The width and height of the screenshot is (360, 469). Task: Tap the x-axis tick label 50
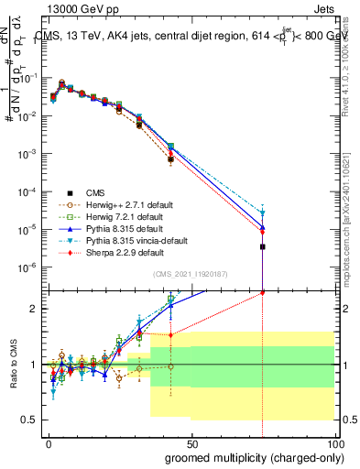[x=191, y=443]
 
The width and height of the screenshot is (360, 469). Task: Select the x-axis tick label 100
[x=336, y=443]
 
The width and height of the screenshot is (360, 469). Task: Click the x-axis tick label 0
[x=48, y=443]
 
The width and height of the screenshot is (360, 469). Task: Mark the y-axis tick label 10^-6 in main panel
[x=30, y=267]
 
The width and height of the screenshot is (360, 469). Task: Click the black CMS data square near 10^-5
[x=263, y=246]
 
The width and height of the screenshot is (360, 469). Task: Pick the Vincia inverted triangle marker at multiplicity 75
[x=263, y=213]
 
